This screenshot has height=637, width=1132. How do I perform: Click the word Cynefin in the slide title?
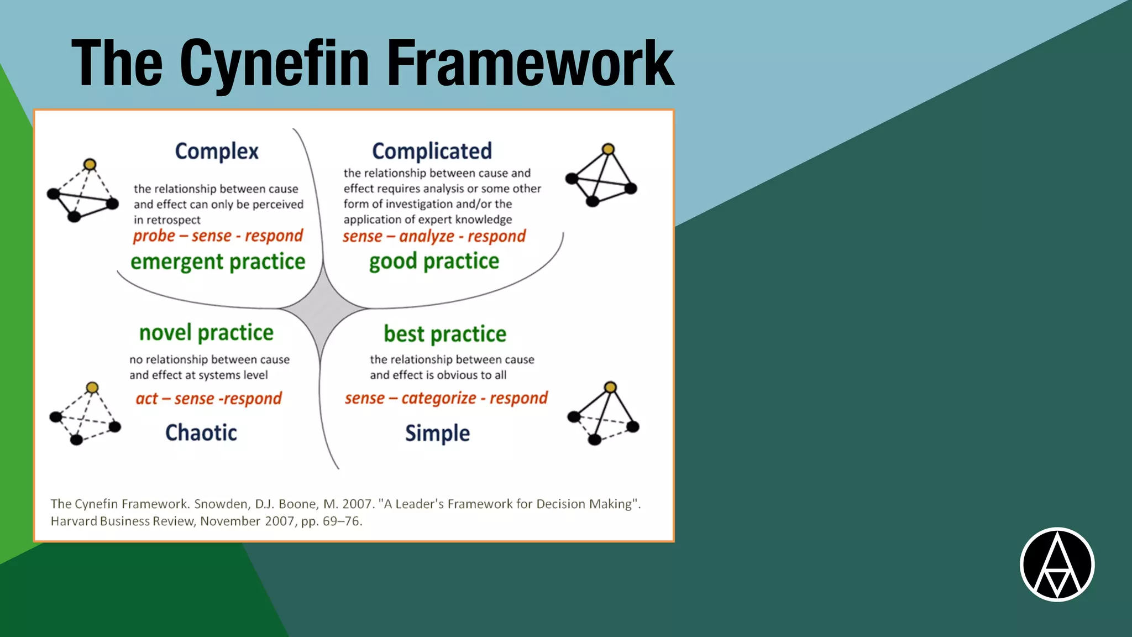(274, 64)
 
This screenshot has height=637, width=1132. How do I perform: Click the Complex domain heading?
(217, 152)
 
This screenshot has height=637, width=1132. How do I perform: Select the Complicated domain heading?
(432, 151)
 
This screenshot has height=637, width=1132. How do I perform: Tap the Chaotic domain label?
(201, 433)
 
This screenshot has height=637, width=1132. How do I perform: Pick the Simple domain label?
(437, 434)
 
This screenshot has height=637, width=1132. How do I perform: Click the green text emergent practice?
(218, 262)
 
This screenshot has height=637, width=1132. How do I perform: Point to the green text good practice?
(434, 261)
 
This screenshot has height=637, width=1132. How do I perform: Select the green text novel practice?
(206, 333)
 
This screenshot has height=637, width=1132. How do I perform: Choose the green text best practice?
(445, 334)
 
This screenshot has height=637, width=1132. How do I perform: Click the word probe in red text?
(154, 236)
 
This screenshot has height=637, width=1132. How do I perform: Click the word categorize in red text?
(438, 398)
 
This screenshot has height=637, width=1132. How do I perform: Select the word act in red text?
(146, 399)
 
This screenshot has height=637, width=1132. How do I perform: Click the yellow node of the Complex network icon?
(90, 164)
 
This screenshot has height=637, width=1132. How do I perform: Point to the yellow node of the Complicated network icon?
(608, 149)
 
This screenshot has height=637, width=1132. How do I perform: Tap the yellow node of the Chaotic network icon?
(92, 387)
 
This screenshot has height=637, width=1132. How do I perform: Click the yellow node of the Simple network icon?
(610, 387)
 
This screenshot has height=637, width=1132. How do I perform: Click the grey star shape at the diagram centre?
(322, 308)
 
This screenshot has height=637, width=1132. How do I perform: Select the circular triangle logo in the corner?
(1057, 565)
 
